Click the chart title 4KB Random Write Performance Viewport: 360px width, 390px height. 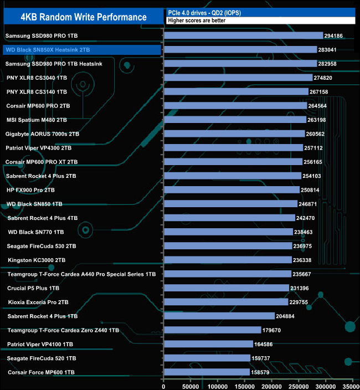click(83, 17)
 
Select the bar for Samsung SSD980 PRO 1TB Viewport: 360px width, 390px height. click(243, 35)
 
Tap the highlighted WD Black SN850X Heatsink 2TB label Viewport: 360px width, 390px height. click(47, 50)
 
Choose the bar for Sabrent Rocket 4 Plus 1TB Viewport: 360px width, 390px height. click(219, 316)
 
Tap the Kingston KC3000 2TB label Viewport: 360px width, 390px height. click(37, 260)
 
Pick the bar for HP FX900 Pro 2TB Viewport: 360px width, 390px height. click(232, 190)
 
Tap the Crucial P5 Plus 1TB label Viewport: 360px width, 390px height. click(33, 288)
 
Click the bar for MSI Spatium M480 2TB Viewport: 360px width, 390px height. click(235, 120)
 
